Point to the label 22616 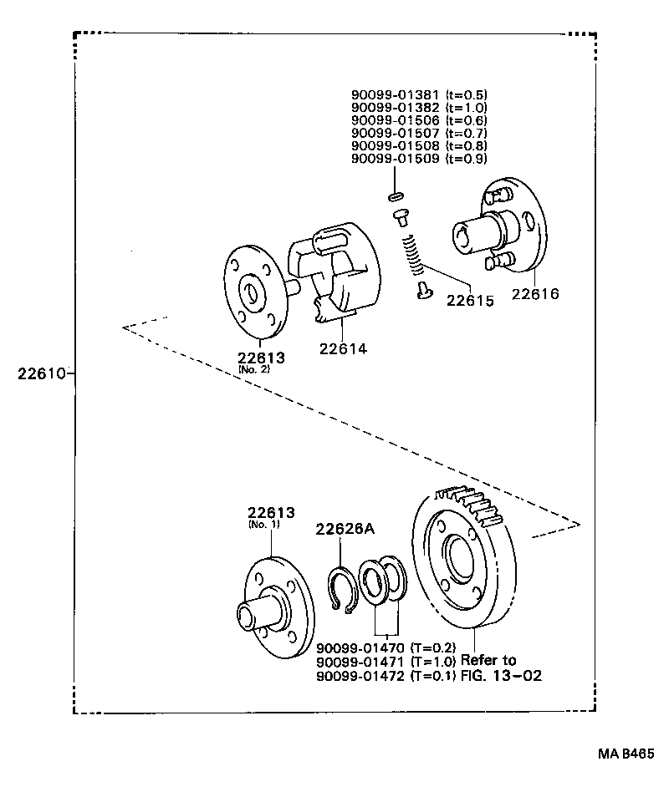pyautogui.click(x=535, y=294)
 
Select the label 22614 pyautogui.click(x=343, y=348)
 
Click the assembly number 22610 pyautogui.click(x=42, y=373)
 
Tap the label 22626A pyautogui.click(x=345, y=528)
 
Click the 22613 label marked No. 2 pyautogui.click(x=261, y=358)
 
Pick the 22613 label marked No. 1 pyautogui.click(x=269, y=512)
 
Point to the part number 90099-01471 pyautogui.click(x=360, y=662)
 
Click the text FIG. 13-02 pyautogui.click(x=501, y=675)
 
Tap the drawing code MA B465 pyautogui.click(x=625, y=753)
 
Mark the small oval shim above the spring pyautogui.click(x=395, y=198)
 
